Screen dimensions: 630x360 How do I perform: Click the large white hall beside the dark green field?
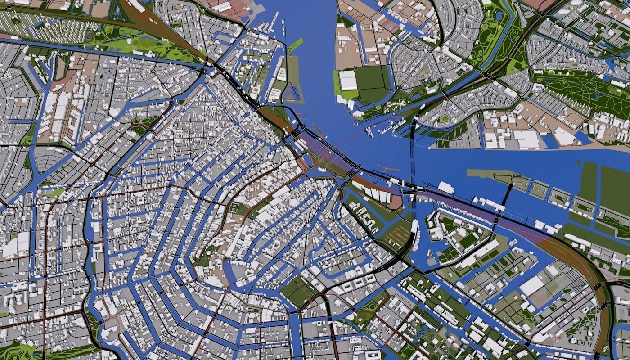pos(348,80)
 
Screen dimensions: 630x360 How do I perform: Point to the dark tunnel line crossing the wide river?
pos(413,148)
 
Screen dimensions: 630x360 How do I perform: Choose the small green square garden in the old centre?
pos(234,207)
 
